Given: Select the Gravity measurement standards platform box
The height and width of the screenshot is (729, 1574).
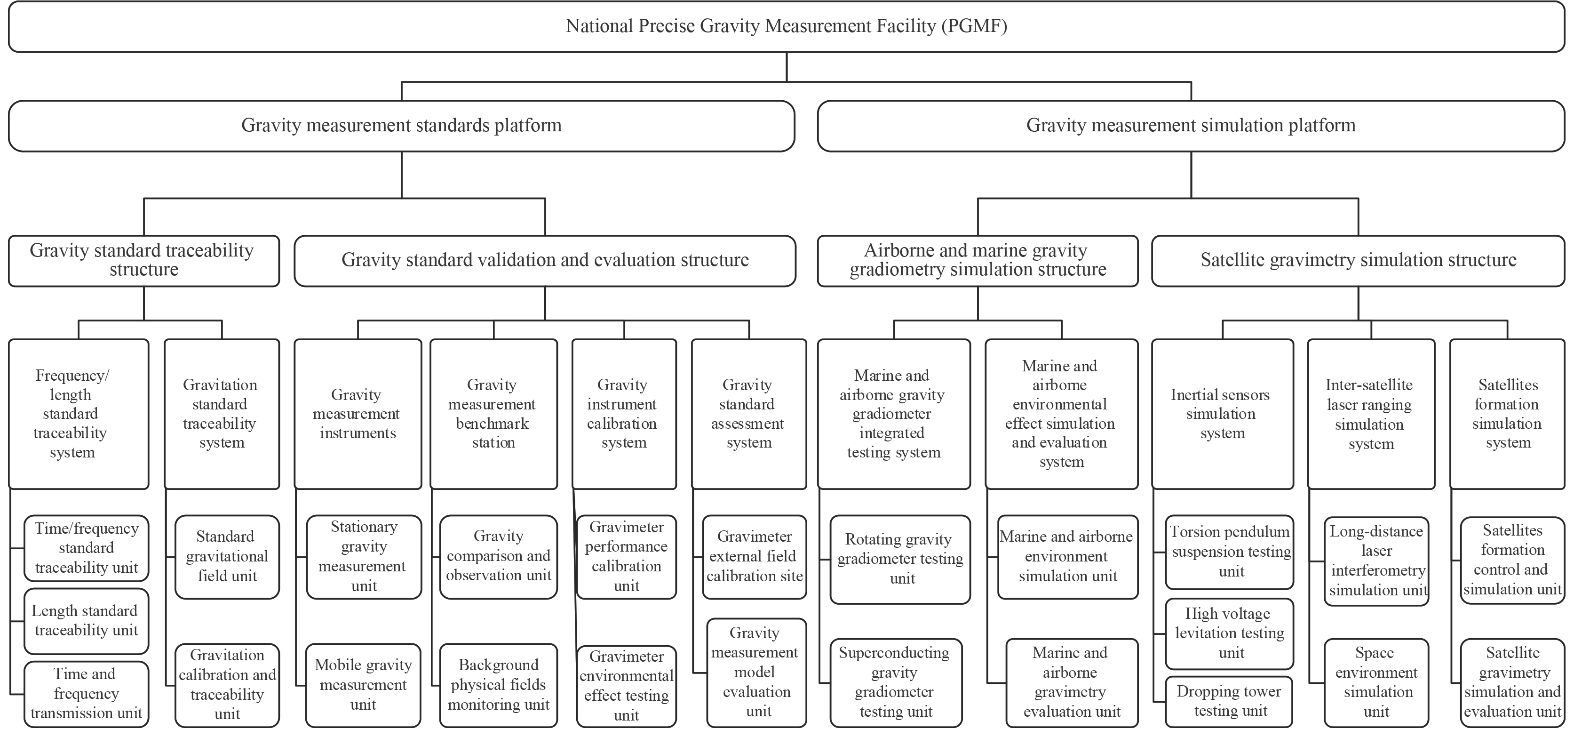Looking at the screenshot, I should (401, 126).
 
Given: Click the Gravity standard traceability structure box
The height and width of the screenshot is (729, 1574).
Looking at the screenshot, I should (143, 260).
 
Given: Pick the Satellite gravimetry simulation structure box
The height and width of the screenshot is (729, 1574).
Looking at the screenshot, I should (1358, 260).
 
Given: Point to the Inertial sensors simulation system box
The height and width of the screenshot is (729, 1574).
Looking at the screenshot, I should (1222, 414).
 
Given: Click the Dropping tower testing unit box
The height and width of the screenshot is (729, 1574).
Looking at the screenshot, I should (1229, 701).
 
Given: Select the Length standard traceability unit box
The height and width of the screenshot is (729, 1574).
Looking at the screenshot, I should (86, 621).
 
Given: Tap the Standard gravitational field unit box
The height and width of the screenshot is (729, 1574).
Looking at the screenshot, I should (227, 557).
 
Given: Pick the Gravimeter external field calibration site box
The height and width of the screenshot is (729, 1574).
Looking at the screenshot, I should (754, 557).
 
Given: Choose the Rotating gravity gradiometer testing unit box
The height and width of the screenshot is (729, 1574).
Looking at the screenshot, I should (899, 559).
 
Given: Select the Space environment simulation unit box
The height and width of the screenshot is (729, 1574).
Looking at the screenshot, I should (1376, 682).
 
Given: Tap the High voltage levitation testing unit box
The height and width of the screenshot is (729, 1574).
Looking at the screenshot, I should (1229, 633).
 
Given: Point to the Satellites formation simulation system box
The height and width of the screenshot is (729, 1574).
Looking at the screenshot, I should (1507, 414).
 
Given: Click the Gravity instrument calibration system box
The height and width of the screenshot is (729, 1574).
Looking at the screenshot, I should (623, 414).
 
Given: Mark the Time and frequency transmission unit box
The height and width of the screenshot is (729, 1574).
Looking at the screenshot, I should (86, 694).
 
